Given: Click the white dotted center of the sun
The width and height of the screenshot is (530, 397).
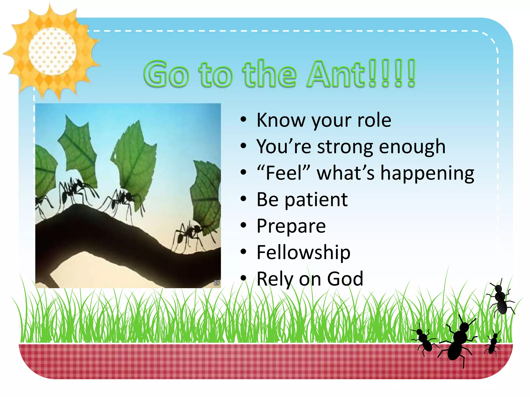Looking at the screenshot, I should click(52, 51).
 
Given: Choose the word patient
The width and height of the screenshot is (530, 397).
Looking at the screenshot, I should click(316, 200).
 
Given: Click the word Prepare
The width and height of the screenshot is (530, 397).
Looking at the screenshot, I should click(291, 226).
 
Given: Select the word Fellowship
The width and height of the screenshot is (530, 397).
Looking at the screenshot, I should click(303, 252).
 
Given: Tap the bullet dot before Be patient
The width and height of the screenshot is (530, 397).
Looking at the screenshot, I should click(243, 199).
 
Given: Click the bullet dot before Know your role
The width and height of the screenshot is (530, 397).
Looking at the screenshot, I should click(243, 120).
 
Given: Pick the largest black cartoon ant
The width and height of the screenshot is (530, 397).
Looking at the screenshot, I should click(458, 341).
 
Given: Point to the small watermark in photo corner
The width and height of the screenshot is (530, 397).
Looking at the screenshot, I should click(217, 283).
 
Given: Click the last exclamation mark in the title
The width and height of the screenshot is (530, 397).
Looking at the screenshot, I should click(411, 74).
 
